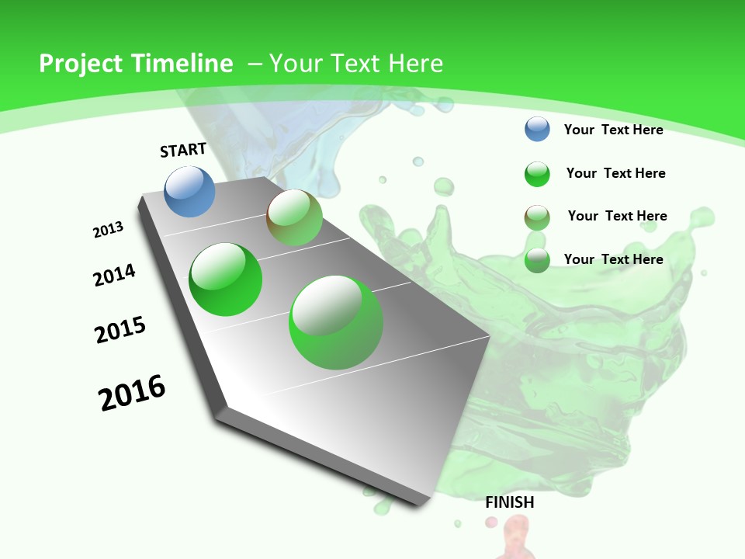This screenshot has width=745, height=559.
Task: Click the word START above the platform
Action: point(183,150)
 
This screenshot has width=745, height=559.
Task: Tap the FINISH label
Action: point(510,502)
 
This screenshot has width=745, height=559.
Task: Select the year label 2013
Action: point(109,230)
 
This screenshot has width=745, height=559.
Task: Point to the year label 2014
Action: point(115,276)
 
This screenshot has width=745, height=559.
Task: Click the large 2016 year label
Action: point(133,393)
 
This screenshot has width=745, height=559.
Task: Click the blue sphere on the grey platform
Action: point(190,191)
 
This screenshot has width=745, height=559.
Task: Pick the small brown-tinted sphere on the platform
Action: point(294,217)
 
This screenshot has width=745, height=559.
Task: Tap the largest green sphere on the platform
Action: point(336,322)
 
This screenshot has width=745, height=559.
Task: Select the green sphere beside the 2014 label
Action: point(226,279)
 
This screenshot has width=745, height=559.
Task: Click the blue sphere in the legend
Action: point(537,129)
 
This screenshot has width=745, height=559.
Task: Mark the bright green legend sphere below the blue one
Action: point(537,174)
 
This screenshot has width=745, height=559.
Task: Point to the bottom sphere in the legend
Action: point(537,260)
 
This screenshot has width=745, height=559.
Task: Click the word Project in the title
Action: point(81,64)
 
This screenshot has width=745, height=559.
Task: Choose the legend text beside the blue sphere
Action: point(613,130)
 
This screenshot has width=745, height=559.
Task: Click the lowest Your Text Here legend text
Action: point(613,259)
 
